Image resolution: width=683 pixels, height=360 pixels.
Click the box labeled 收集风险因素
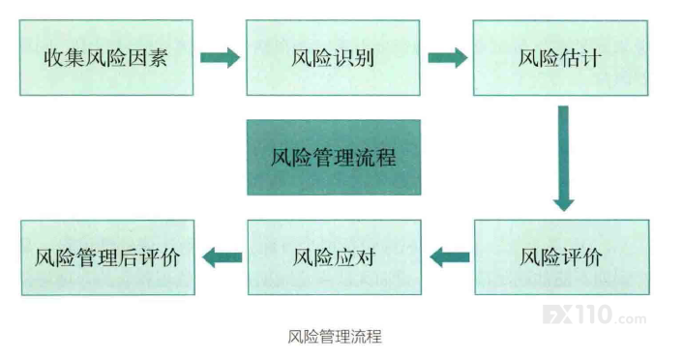point(106,57)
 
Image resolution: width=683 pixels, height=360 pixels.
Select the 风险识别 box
point(333,57)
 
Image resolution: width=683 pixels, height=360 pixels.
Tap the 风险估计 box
point(560,58)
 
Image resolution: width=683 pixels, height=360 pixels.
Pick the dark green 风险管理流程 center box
point(334,158)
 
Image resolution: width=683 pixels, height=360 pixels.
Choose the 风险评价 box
point(562,257)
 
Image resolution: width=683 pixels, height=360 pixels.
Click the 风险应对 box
point(335,257)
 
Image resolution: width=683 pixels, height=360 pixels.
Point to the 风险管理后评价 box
point(107,257)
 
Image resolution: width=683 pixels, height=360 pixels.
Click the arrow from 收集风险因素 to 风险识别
point(220,57)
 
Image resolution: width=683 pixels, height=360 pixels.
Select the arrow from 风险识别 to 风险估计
point(448,57)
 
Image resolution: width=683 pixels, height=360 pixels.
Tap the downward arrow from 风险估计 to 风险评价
point(563,158)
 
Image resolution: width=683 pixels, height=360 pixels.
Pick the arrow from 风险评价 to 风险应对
point(450,257)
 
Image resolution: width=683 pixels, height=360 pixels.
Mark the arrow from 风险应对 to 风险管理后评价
point(223,257)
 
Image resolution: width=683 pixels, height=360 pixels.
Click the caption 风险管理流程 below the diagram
point(335,337)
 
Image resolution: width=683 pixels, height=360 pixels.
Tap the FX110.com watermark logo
point(595,315)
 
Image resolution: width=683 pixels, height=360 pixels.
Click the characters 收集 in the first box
point(64,57)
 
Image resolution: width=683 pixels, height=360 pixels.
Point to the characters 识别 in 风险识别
point(354,57)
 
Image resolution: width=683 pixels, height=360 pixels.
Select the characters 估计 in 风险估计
point(581,58)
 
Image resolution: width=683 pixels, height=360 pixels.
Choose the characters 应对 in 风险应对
point(355,257)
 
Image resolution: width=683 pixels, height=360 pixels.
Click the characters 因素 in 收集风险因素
point(148,57)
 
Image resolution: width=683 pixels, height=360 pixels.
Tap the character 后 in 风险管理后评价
point(128,257)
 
